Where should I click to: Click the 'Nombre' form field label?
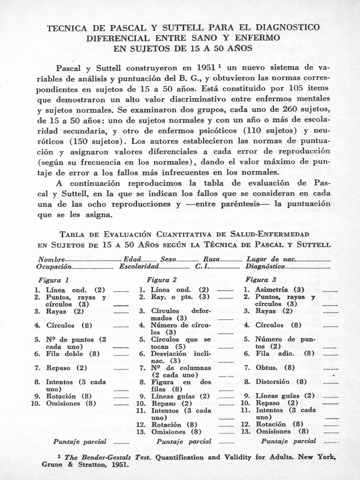[x=51, y=259]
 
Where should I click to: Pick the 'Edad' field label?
[x=132, y=259]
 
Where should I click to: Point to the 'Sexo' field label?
[x=168, y=259]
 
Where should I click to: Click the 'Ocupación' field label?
[x=54, y=266]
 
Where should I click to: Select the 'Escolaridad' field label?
[x=139, y=266]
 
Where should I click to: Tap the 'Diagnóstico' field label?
[x=265, y=266]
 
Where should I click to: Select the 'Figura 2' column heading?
[x=162, y=280]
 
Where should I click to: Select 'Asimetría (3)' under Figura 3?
[x=279, y=290]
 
